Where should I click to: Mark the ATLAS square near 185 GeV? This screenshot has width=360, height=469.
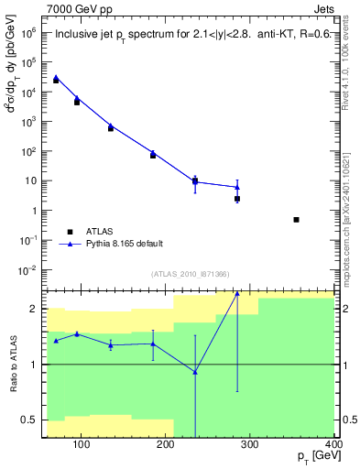click(153, 155)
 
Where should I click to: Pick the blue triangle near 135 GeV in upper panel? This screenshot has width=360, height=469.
click(111, 125)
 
